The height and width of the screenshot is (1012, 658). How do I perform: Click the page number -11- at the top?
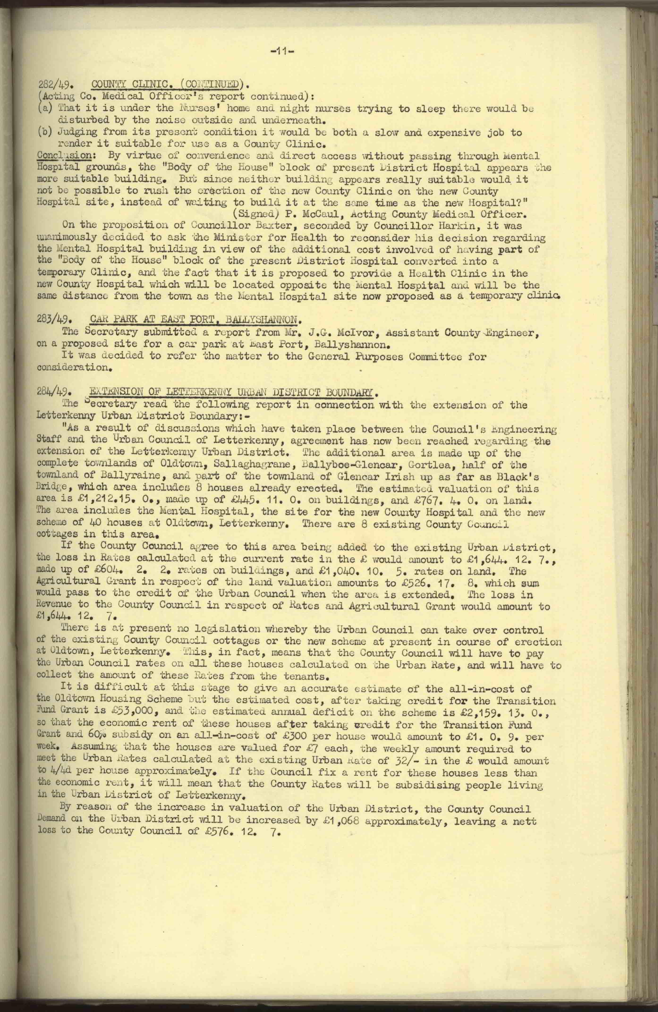click(282, 52)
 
